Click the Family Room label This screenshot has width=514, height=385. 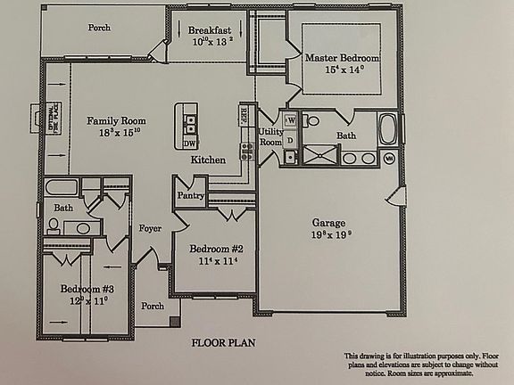110,120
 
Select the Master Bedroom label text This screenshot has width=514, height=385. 342,58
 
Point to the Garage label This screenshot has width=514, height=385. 328,223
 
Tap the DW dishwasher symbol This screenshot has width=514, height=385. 189,143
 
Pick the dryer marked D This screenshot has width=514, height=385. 290,157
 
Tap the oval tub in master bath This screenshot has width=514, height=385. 389,129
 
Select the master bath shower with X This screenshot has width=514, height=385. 319,155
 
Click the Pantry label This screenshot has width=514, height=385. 191,195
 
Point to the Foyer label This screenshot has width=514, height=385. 150,228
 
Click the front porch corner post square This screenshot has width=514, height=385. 175,322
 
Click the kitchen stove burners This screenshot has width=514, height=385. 247,151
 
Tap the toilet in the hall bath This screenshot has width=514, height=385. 54,226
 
